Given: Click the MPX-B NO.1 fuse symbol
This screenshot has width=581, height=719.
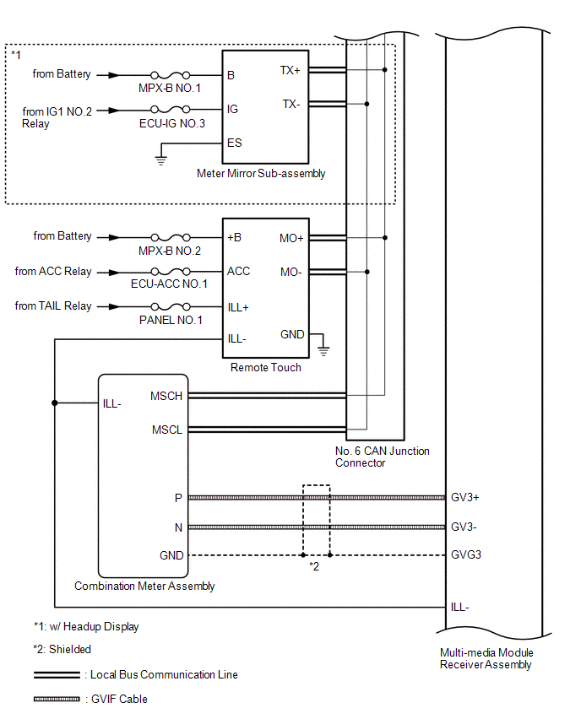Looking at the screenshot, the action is (x=171, y=75).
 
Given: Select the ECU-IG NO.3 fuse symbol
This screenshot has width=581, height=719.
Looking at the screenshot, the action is (x=171, y=109).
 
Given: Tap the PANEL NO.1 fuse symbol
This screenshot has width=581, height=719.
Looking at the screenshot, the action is (x=171, y=306).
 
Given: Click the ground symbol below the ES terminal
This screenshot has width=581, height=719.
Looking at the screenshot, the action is (x=160, y=160).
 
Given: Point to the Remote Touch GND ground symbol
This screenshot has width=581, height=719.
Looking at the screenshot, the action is (x=323, y=352).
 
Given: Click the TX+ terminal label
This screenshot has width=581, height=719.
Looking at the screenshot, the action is (x=290, y=70).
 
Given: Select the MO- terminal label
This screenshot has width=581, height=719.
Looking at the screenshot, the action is (x=291, y=272).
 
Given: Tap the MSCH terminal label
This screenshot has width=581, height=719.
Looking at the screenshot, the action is (x=166, y=396).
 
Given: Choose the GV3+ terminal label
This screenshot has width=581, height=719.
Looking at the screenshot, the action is (x=465, y=497).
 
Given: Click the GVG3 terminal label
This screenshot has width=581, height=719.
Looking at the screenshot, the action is (x=466, y=554).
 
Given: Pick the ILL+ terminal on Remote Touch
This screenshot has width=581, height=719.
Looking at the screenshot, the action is (x=238, y=307).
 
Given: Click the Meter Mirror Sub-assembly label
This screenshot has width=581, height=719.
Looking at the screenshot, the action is (x=261, y=173).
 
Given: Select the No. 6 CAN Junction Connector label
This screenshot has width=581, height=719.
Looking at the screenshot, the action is (x=383, y=457).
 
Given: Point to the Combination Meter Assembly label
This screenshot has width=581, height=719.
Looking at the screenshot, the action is (x=144, y=586).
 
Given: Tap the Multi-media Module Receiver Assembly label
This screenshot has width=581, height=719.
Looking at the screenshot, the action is (x=486, y=658).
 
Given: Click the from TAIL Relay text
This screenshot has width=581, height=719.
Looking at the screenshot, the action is (x=53, y=305).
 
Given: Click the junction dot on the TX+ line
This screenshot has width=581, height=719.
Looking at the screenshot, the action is (x=384, y=70).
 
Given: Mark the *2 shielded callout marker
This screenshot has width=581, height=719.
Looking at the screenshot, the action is (x=314, y=566).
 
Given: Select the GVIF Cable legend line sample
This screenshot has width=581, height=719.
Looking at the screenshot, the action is (x=57, y=699).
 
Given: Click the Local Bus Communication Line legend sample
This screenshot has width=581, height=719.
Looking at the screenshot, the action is (x=57, y=675).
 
